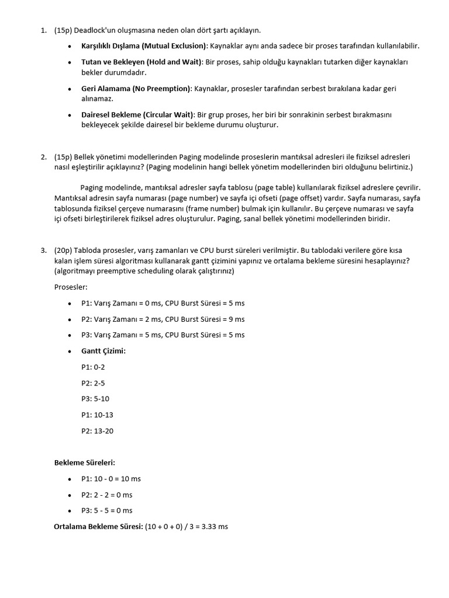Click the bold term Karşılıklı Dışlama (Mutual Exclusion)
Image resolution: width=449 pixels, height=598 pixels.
[x=144, y=46]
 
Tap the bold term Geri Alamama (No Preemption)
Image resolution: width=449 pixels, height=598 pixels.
[x=136, y=88]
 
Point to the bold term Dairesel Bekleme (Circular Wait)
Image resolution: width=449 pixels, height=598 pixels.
[x=137, y=114]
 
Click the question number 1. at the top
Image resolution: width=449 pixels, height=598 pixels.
[x=44, y=30]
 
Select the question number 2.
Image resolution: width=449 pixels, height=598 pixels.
[x=44, y=157]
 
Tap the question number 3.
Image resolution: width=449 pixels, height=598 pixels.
[x=44, y=250]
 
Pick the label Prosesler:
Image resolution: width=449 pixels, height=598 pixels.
[x=70, y=287]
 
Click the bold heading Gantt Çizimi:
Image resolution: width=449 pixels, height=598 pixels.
[x=103, y=351]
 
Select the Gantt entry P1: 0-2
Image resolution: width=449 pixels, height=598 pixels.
[x=94, y=367]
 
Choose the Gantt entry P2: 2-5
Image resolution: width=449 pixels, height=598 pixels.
[x=94, y=383]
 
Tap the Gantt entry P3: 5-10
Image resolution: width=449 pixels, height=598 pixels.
[x=95, y=399]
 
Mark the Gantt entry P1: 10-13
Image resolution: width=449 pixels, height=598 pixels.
[x=97, y=415]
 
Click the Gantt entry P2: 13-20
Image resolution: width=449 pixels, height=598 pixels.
[x=97, y=431]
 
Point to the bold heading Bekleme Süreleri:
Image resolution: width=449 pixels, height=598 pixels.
[x=85, y=463]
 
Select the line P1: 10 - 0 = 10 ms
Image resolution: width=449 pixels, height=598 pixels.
[x=111, y=479]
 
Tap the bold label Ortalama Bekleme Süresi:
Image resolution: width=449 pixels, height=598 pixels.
[x=98, y=527]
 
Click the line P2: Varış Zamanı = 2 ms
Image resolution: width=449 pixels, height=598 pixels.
[x=163, y=319]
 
